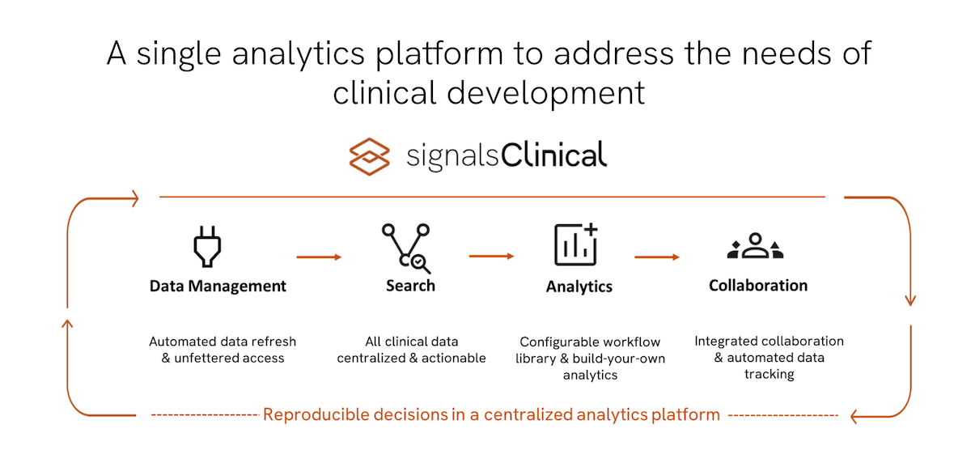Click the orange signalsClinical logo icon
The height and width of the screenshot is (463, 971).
click(x=369, y=156)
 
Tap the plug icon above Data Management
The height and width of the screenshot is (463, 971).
click(x=207, y=246)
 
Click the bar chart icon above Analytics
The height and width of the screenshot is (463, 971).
click(x=576, y=244)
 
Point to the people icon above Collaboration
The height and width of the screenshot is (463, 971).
click(x=755, y=246)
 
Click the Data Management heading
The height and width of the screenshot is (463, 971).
click(x=218, y=286)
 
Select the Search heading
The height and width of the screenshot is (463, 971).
click(x=410, y=286)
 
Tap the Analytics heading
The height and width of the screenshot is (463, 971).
click(x=579, y=287)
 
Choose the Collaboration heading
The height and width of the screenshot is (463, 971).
click(x=758, y=285)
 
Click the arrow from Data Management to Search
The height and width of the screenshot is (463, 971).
click(x=319, y=257)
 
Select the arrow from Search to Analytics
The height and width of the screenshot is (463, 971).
click(x=492, y=257)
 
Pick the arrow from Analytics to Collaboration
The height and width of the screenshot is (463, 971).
click(x=657, y=257)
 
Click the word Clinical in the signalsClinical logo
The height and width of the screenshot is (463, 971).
click(x=554, y=155)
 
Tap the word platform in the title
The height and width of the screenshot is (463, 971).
click(x=439, y=54)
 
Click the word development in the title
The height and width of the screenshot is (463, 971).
click(x=545, y=94)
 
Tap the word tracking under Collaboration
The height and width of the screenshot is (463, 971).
click(x=770, y=374)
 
